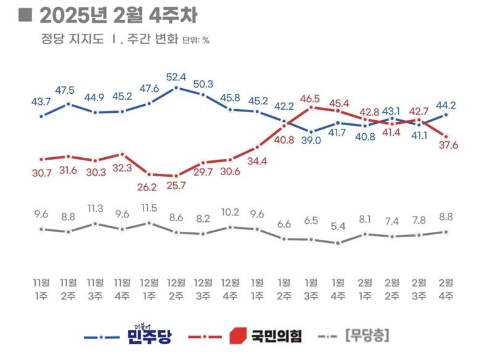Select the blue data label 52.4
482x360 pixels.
[176, 77]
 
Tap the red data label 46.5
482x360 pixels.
[310, 98]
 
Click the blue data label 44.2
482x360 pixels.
[446, 104]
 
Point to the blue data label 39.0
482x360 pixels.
[311, 141]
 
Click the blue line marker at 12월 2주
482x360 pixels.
[176, 88]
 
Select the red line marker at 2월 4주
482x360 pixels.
[446, 136]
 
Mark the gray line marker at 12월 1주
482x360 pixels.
[149, 223]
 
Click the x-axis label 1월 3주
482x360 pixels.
[311, 289]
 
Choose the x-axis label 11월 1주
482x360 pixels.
[41, 289]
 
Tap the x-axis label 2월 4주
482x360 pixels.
[446, 289]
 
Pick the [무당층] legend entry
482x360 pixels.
[367, 337]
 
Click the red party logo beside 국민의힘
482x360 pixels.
[237, 337]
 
